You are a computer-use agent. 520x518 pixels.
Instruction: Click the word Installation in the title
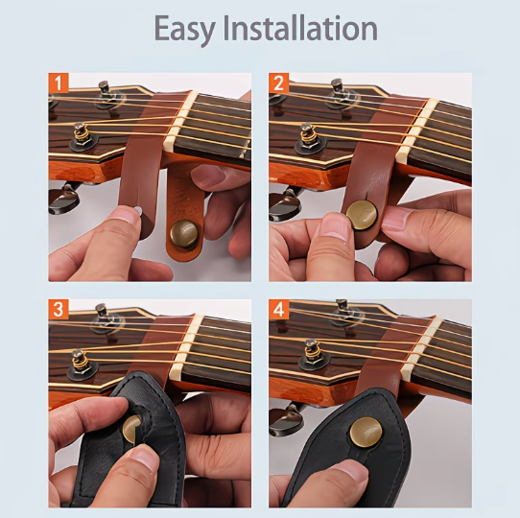tap(300, 28)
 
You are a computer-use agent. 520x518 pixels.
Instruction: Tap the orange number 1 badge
tap(59, 82)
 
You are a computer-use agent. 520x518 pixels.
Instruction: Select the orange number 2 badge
tap(278, 82)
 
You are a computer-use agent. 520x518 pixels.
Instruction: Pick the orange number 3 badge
tap(59, 310)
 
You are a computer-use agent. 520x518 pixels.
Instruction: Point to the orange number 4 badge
tap(278, 310)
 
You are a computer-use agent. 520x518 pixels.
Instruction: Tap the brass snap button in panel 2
tap(362, 215)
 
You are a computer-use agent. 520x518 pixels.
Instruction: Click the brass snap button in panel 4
tap(366, 432)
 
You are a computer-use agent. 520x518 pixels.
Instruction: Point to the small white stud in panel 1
tap(138, 210)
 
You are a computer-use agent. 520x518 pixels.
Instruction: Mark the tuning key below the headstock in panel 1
tap(64, 198)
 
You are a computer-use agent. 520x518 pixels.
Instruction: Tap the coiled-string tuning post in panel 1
tap(82, 137)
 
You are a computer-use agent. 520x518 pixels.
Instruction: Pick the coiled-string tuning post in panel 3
tap(81, 365)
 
